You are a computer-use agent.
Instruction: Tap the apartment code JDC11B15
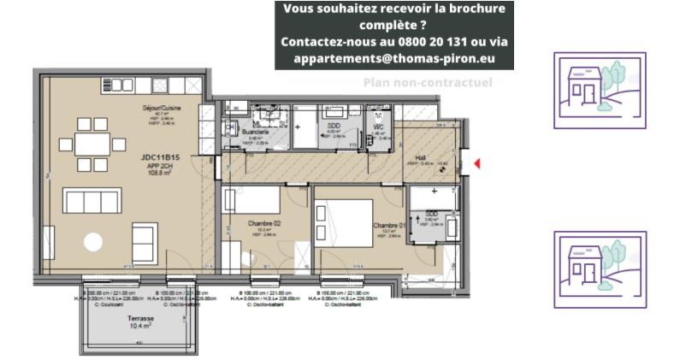point(160,158)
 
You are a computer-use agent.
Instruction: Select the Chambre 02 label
point(264,223)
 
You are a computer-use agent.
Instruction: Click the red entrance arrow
point(477,162)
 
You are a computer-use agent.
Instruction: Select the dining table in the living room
point(91,144)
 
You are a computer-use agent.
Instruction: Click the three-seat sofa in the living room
point(92,202)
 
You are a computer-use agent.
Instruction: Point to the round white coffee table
point(92,243)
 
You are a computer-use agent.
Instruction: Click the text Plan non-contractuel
point(428,83)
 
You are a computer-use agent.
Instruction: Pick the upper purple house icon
point(600,90)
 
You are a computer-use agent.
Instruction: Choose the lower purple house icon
point(600,269)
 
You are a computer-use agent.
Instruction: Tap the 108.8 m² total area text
point(160,174)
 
